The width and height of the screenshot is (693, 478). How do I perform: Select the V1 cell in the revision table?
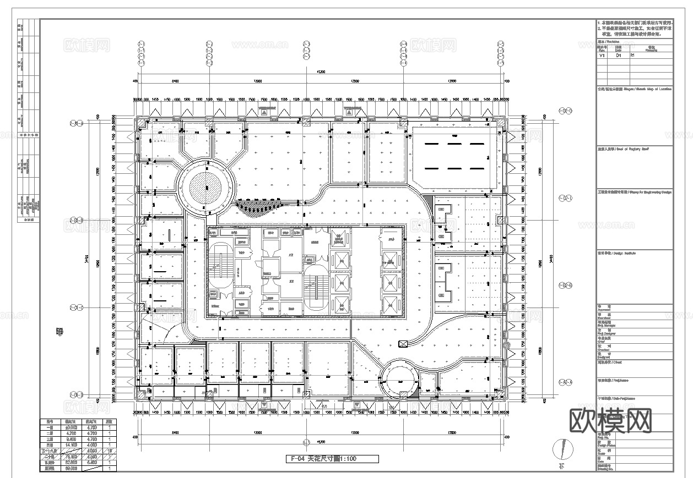[x=602, y=56]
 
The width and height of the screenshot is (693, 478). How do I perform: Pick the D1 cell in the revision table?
[x=618, y=56]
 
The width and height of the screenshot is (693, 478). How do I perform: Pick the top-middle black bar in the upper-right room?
[x=455, y=144]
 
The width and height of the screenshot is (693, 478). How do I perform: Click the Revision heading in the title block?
[x=608, y=41]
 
